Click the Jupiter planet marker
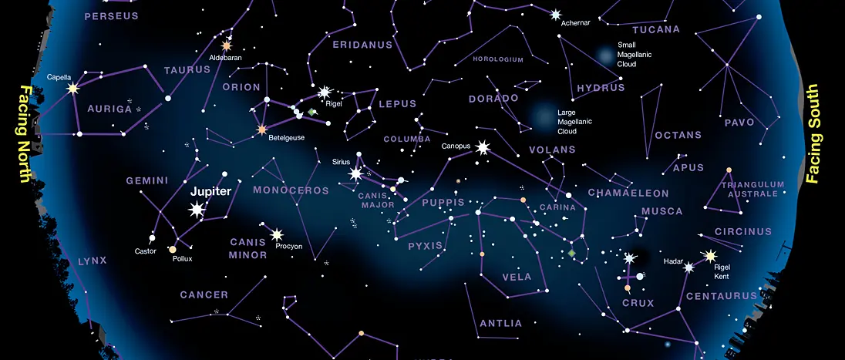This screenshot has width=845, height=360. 197,209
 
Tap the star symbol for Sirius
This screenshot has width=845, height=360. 355,174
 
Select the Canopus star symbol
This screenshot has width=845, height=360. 483,146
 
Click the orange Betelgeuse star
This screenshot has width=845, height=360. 262,129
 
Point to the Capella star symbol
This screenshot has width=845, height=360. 73,89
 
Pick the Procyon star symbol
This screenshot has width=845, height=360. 277,234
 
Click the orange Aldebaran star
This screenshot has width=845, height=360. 227,45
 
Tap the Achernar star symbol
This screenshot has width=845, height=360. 556,14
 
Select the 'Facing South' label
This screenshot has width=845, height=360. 812,134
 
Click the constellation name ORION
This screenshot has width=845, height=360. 241,87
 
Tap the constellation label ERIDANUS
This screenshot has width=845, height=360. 362,45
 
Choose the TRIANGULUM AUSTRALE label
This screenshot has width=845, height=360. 752,190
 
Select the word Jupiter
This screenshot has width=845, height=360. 210,191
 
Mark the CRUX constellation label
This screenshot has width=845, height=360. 638,303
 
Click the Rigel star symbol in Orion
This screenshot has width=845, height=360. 324,93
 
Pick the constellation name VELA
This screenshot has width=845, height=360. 517,277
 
